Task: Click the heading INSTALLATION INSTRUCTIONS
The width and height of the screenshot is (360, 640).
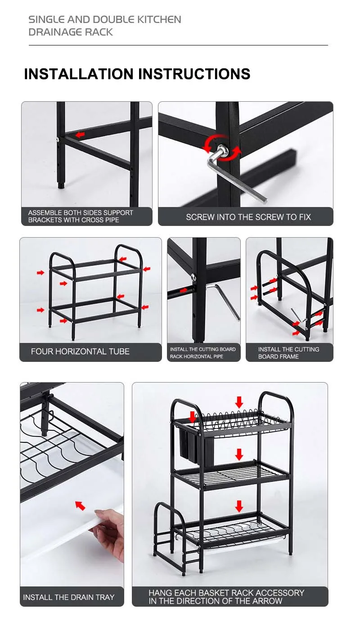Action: point(137,74)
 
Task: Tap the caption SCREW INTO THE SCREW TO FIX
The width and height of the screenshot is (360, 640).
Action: point(248,217)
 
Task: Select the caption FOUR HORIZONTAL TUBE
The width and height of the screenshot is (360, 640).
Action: point(80,352)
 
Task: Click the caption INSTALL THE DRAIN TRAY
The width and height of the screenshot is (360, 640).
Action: point(69,597)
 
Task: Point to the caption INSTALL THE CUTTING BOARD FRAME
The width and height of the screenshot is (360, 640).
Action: point(288,353)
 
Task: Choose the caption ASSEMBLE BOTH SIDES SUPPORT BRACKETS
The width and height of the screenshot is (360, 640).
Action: point(81,216)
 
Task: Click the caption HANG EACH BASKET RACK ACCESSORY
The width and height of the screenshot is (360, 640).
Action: point(226,597)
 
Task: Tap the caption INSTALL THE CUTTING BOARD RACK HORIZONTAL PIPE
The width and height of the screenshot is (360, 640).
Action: point(202,353)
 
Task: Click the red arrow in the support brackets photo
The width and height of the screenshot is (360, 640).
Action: point(80,135)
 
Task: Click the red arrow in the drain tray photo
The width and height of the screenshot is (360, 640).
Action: point(80,505)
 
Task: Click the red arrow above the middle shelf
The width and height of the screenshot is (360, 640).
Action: point(239,454)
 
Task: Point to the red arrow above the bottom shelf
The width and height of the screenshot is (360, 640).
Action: point(239,506)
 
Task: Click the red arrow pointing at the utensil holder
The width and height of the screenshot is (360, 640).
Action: point(193,416)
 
